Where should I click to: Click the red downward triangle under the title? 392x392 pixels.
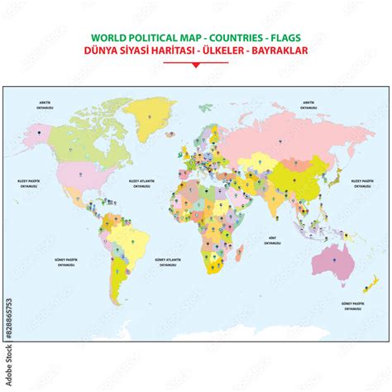[x=195, y=64]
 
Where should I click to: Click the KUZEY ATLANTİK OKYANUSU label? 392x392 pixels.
[x=139, y=181]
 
